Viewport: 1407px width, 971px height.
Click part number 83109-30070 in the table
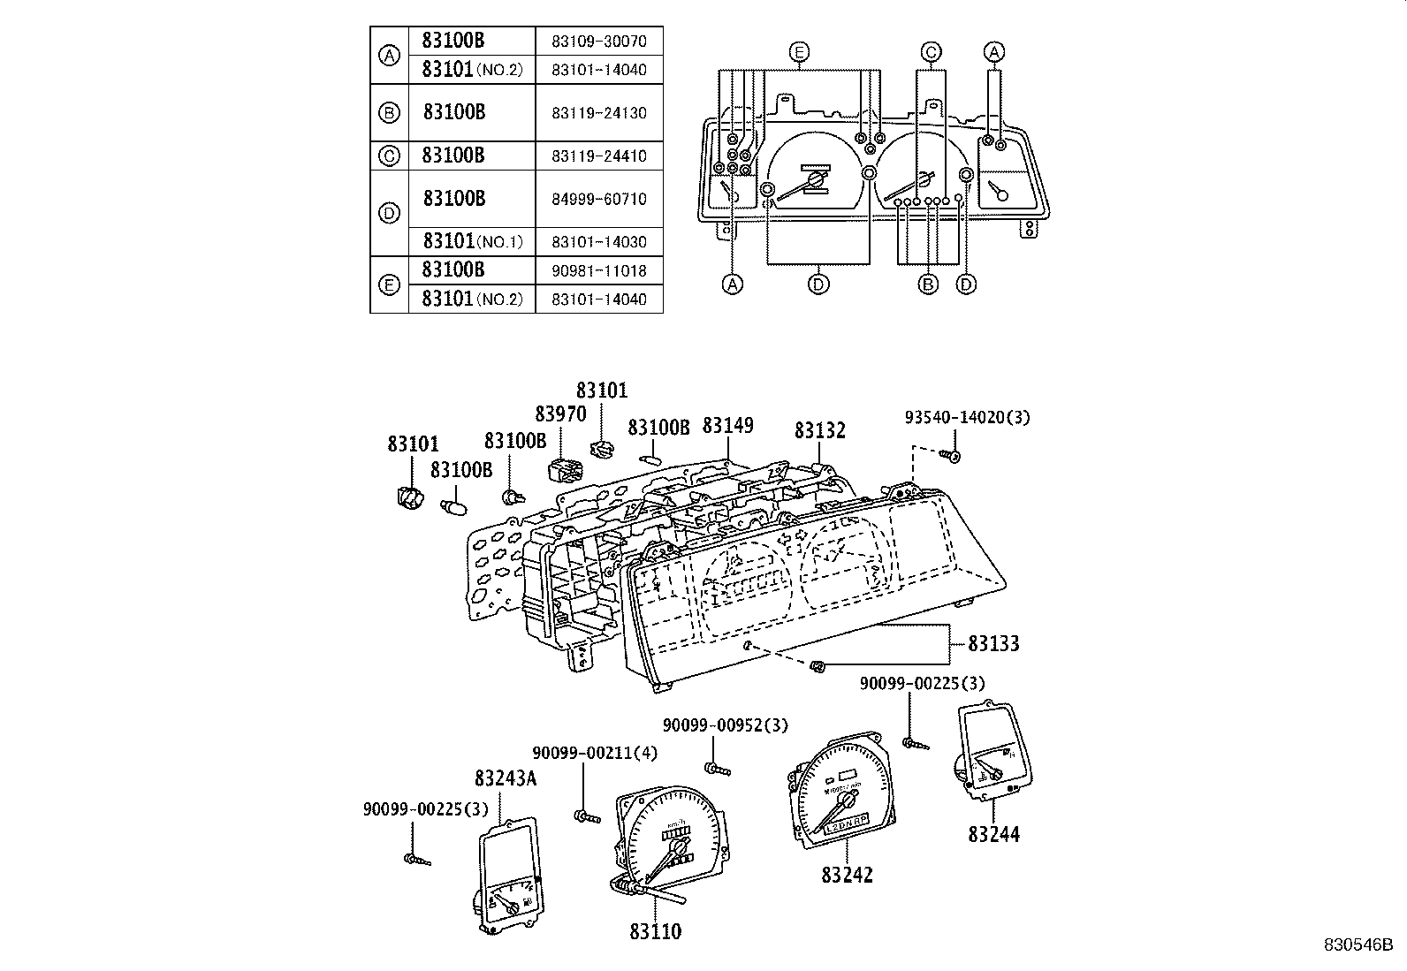(598, 41)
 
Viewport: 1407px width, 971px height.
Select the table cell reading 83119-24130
(598, 113)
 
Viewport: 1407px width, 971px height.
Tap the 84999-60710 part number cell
(598, 199)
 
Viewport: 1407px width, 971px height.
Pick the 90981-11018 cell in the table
(598, 270)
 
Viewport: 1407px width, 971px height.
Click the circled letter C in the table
(389, 156)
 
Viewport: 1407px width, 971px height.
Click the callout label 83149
(727, 425)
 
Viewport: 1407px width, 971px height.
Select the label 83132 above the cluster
(819, 430)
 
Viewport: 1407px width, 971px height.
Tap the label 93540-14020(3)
(966, 417)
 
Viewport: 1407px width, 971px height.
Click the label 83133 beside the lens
(993, 643)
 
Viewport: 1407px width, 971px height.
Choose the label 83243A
(506, 778)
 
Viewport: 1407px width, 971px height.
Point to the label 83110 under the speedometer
(656, 931)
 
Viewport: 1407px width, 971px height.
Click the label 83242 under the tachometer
(847, 875)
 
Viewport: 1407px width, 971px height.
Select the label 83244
(993, 833)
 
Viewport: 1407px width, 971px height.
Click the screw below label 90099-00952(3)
(718, 770)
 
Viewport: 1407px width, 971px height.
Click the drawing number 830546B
(1357, 944)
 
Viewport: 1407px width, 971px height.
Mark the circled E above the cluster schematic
(799, 53)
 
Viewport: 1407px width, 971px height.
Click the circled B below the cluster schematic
(928, 284)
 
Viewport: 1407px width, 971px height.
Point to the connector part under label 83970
(561, 469)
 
